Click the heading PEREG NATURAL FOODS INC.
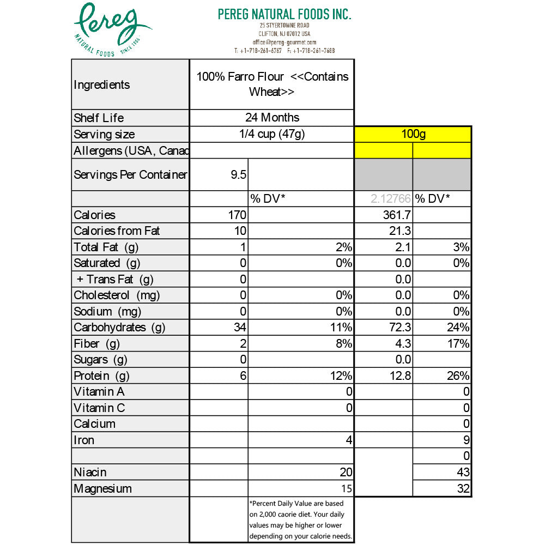click(x=284, y=14)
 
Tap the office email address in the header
click(x=284, y=42)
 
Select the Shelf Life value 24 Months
click(x=272, y=118)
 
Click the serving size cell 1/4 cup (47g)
click(x=272, y=134)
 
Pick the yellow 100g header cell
click(x=413, y=134)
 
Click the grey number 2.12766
click(x=391, y=198)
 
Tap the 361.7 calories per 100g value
click(x=397, y=215)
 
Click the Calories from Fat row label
click(x=117, y=231)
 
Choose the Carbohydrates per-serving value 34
click(x=240, y=328)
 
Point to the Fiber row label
click(x=96, y=344)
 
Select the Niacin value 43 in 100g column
click(x=463, y=473)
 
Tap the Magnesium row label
click(x=102, y=489)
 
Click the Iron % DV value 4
click(x=349, y=440)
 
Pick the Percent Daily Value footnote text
click(x=300, y=520)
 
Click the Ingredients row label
click(x=101, y=85)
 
